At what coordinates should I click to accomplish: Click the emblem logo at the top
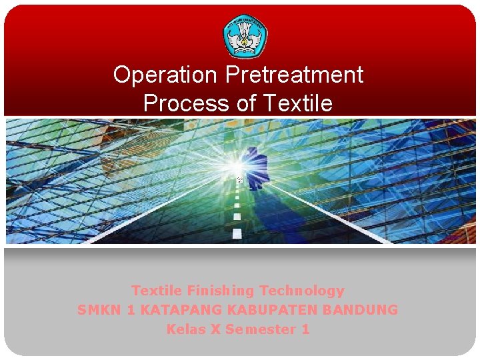pos(245,36)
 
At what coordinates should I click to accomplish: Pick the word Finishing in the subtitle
pos(221,291)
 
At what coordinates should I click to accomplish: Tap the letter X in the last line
pos(216,329)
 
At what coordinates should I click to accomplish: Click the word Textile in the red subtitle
pos(157,291)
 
